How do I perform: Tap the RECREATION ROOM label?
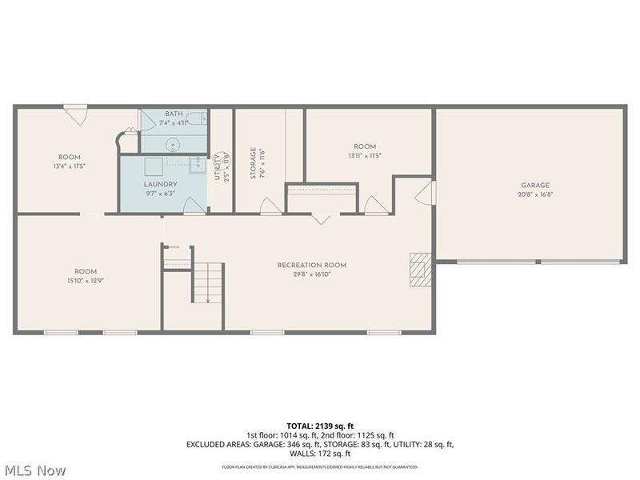312,265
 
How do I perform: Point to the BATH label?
174,114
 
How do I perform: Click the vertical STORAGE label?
253,162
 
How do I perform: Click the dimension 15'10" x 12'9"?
86,280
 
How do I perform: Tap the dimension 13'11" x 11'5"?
365,155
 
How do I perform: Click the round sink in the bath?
172,145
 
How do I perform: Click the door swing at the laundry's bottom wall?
193,206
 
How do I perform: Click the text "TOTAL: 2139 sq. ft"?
320,426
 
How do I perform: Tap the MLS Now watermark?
34,470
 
